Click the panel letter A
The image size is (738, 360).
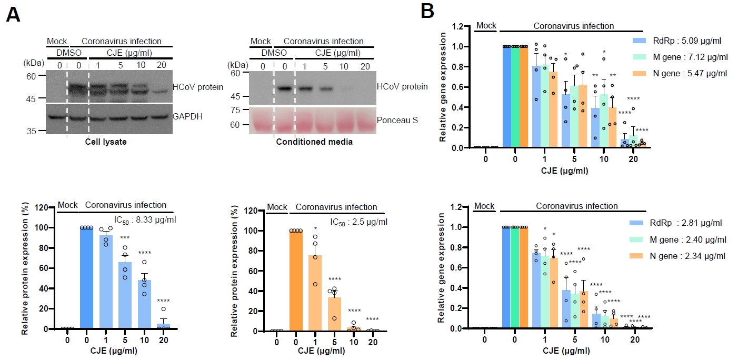13,15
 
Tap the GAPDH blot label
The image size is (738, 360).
187,116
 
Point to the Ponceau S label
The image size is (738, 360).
397,120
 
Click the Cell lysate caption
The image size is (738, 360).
106,142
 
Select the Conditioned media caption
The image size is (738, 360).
314,142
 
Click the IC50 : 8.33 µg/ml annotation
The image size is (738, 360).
145,220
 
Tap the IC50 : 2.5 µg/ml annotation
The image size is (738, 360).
359,222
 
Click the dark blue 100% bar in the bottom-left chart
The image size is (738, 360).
87,278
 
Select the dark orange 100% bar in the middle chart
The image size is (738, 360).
296,281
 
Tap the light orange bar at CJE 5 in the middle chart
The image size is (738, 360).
334,314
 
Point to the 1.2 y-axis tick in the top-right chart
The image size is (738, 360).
457,26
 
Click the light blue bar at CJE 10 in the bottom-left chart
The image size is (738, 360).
144,304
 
